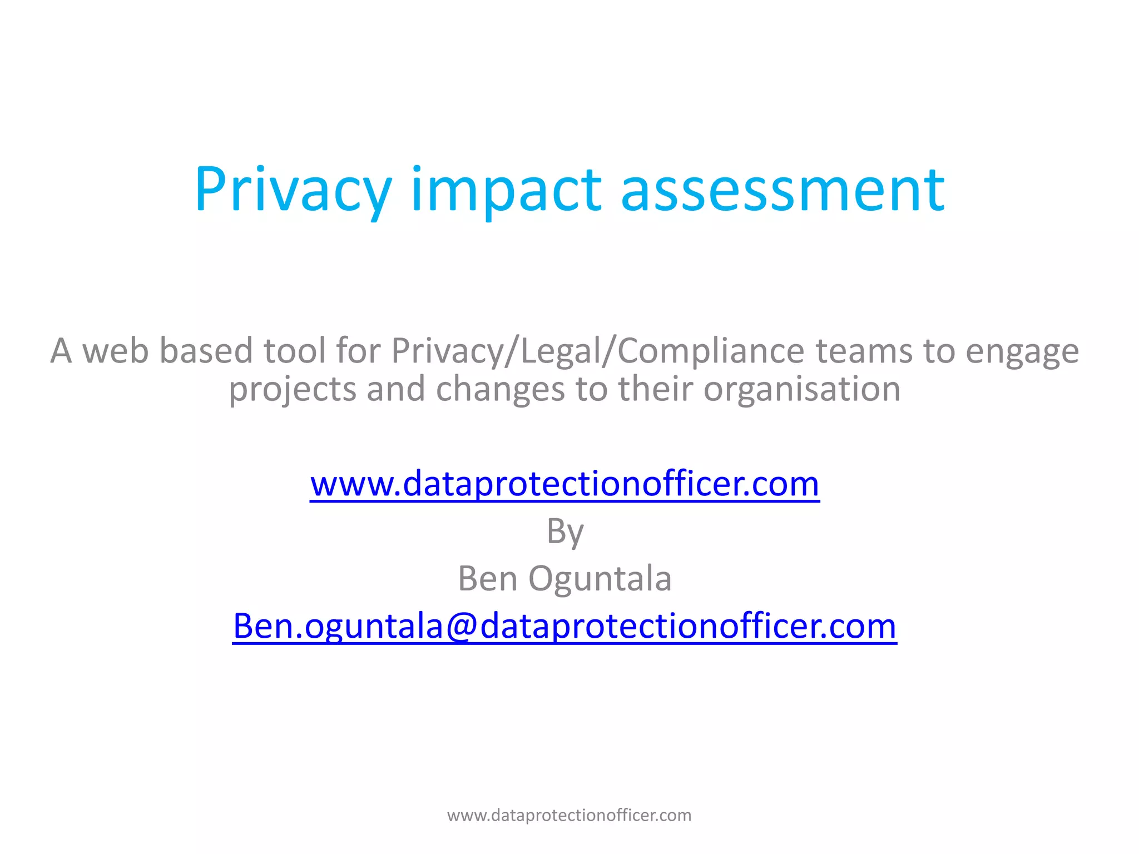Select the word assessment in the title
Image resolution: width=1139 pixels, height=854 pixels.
point(783,190)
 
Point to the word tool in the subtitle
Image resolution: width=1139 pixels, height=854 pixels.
point(294,351)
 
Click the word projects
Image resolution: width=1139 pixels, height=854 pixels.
point(293,389)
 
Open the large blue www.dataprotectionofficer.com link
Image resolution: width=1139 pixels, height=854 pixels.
point(564,484)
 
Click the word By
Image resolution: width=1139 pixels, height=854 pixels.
point(565,532)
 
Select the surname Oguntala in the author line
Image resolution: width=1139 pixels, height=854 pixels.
point(600,578)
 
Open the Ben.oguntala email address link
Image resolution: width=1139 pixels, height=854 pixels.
point(564,626)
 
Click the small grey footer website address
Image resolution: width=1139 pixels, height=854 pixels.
point(569,815)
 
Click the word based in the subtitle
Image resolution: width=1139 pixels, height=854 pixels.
point(206,351)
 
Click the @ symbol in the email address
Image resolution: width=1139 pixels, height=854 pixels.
point(461,626)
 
